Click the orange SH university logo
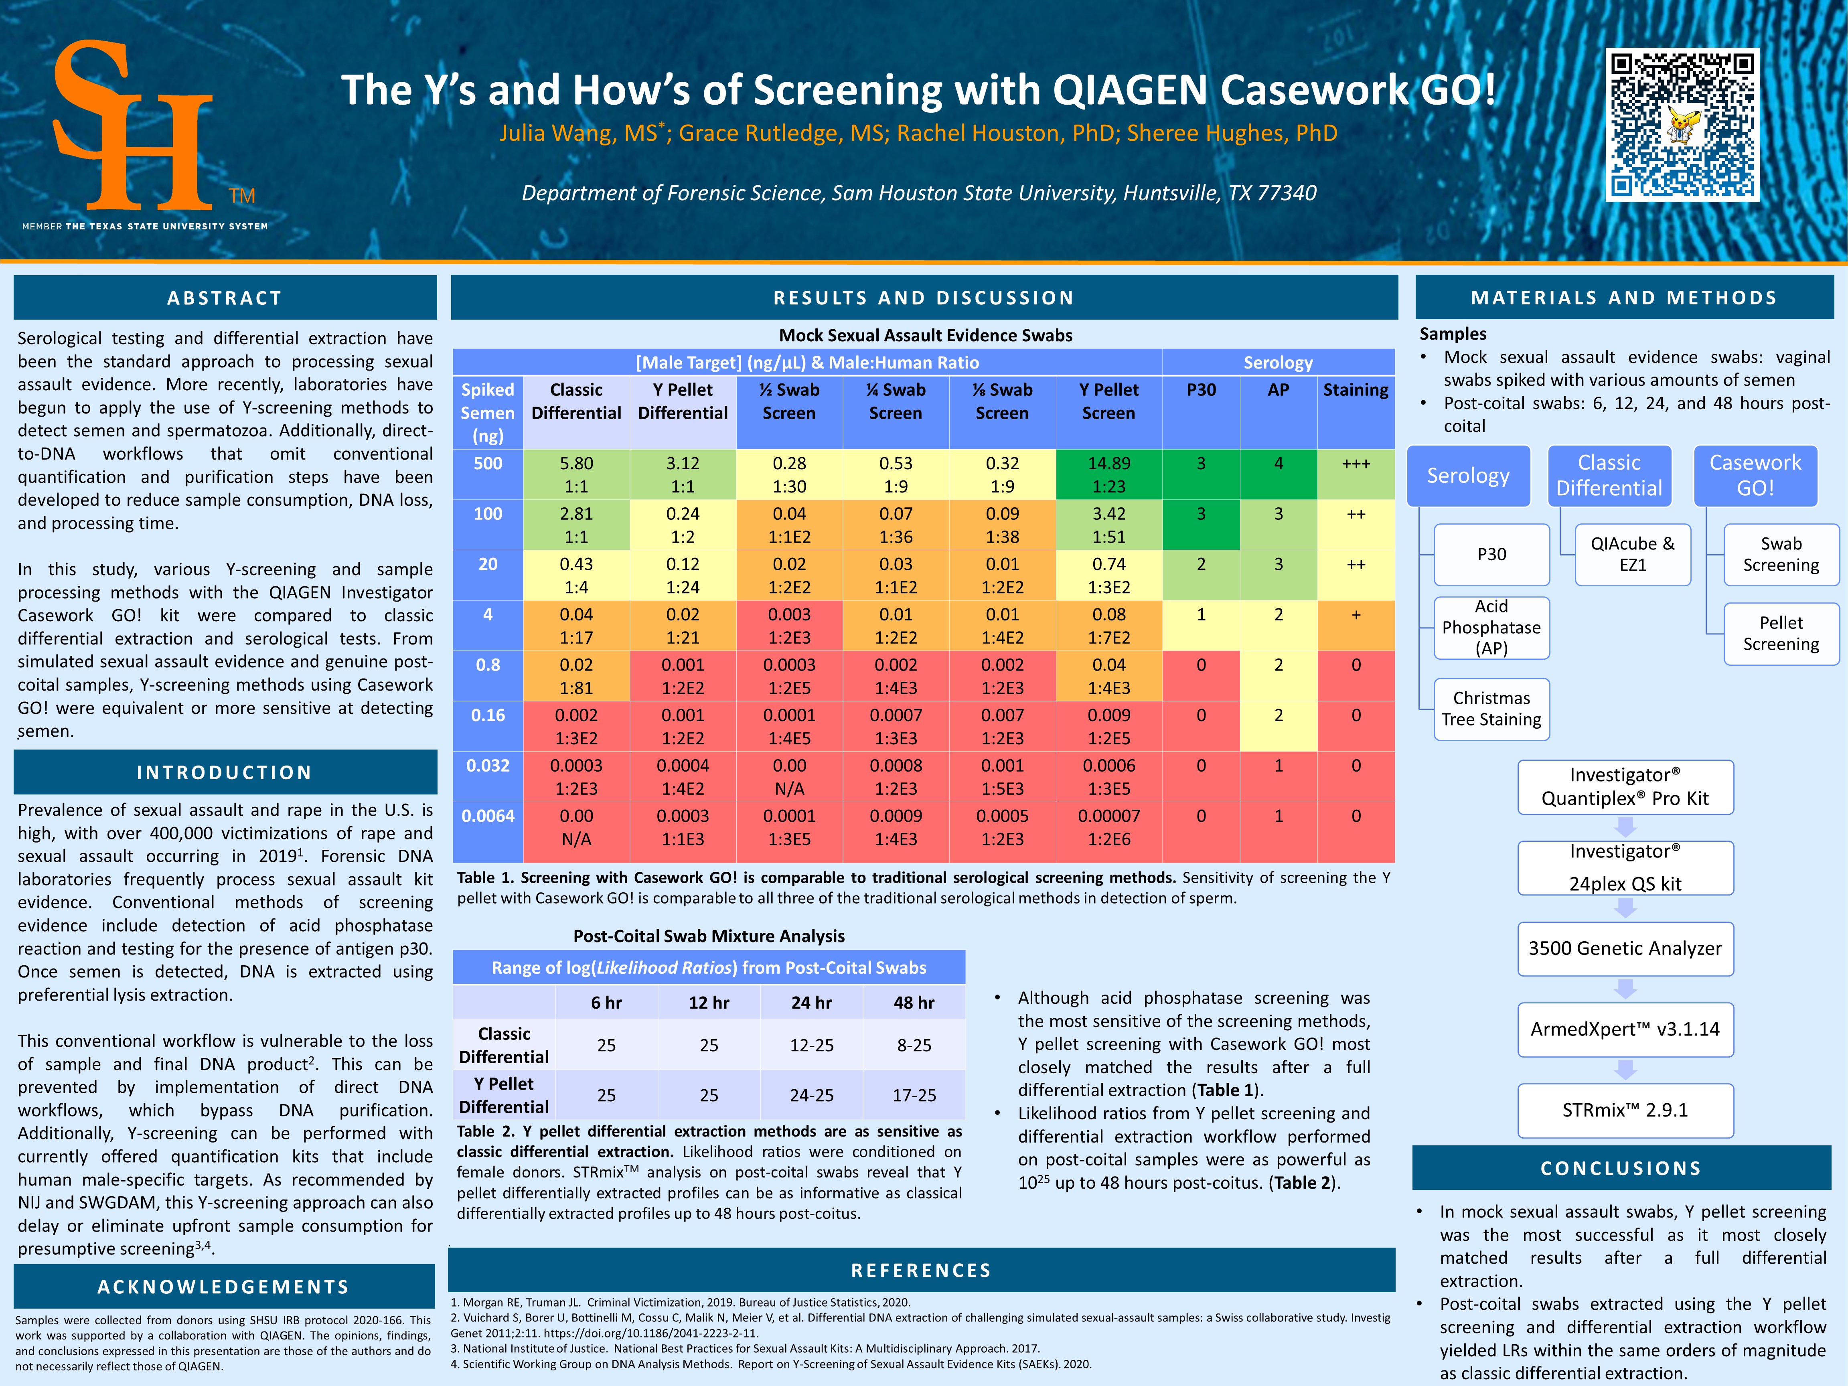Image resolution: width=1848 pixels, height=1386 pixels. click(134, 125)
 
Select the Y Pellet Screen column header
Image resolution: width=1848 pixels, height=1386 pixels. click(1108, 401)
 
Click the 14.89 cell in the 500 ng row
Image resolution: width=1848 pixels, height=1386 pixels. click(1108, 474)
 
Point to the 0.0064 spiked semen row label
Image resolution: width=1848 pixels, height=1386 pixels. click(488, 816)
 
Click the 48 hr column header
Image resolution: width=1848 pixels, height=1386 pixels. click(914, 1003)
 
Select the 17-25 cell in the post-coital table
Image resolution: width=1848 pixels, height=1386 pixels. click(914, 1095)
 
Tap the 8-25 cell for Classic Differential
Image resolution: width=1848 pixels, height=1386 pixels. click(914, 1045)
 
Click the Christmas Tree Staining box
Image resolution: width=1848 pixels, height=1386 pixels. click(1491, 709)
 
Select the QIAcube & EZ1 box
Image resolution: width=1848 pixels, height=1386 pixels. click(1633, 554)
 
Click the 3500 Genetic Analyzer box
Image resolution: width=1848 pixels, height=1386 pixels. click(1625, 948)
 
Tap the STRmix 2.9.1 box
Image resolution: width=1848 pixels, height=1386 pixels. click(1625, 1110)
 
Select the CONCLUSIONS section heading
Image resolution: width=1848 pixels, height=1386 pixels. click(1621, 1168)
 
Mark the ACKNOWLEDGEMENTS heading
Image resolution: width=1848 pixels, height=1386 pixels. click(224, 1287)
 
